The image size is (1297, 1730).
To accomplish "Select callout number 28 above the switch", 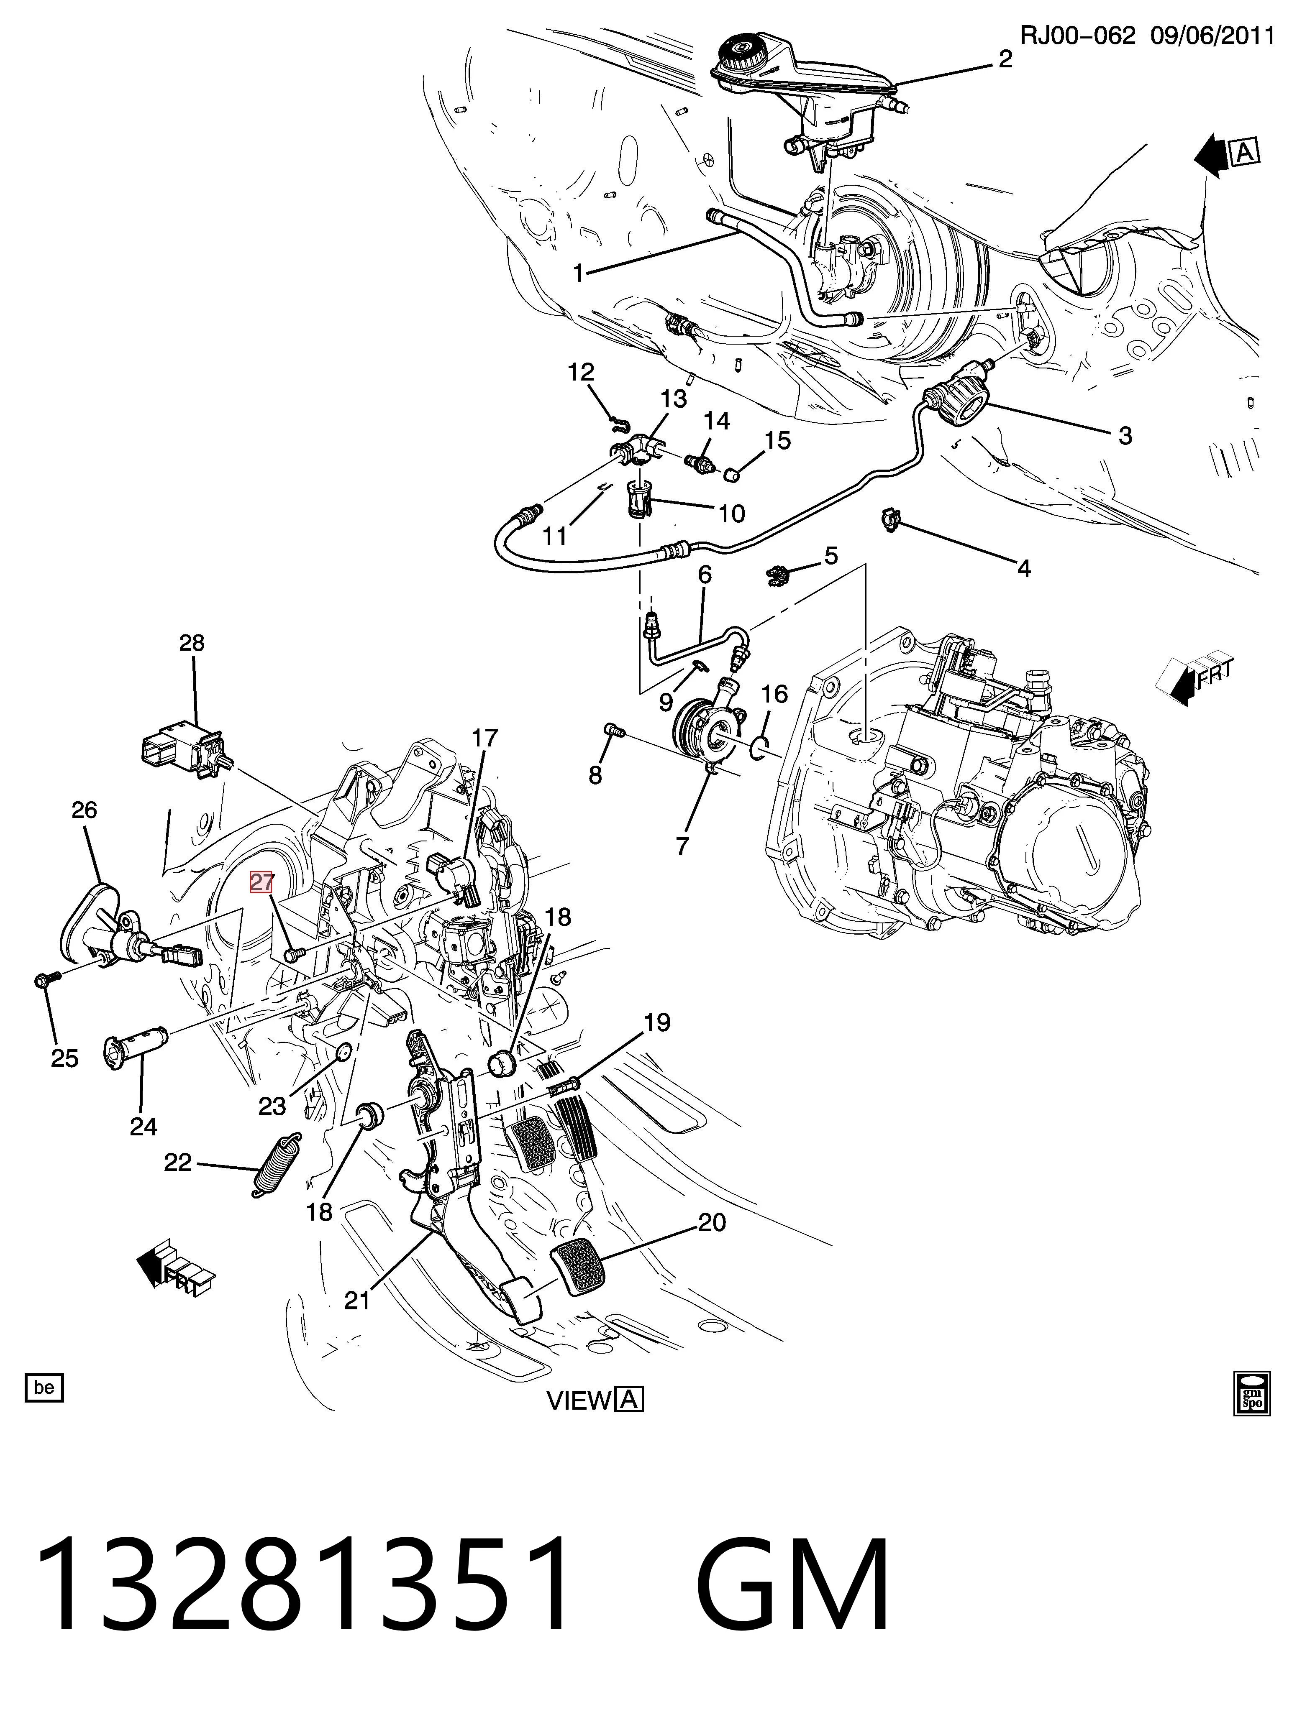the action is pyautogui.click(x=192, y=643).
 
